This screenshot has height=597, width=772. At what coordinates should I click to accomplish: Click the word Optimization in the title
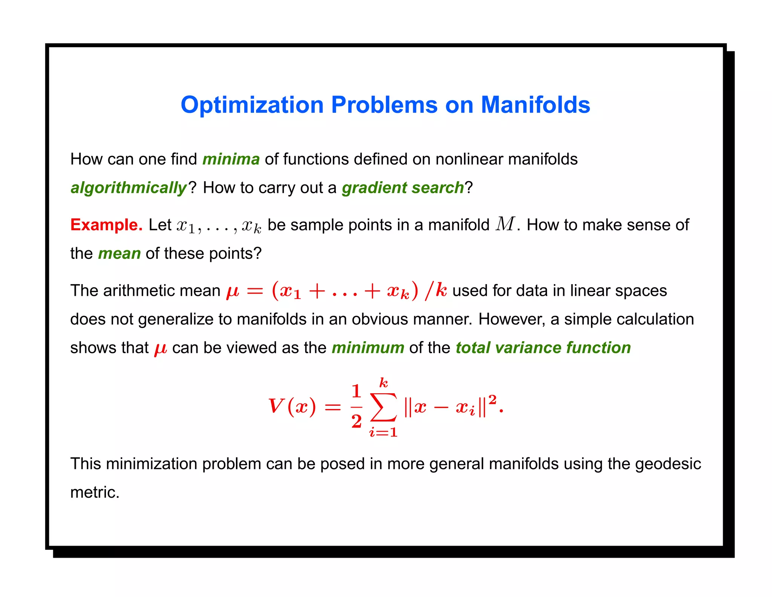click(x=252, y=105)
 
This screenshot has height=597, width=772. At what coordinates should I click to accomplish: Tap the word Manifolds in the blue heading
click(x=535, y=105)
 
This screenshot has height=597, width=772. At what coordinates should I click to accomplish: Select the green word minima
click(x=231, y=159)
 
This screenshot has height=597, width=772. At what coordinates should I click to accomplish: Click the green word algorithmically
click(x=129, y=188)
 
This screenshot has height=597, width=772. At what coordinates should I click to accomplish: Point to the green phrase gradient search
click(x=403, y=188)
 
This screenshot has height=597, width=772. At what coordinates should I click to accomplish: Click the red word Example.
click(x=106, y=225)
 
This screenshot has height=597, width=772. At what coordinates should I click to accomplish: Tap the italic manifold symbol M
click(x=505, y=224)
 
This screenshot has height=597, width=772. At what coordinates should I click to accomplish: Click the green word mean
click(x=119, y=254)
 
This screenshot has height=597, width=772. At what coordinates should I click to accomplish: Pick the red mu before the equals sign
click(x=233, y=291)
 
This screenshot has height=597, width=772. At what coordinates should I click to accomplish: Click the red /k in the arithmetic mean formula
click(x=436, y=291)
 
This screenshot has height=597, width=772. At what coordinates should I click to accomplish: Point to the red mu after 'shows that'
click(x=161, y=349)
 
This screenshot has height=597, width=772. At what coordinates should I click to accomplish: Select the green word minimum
click(x=368, y=348)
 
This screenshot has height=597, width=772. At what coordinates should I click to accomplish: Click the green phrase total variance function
click(x=543, y=348)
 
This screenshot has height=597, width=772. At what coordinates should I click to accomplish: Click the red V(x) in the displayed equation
click(x=292, y=407)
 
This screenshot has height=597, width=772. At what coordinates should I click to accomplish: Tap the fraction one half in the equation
click(x=356, y=407)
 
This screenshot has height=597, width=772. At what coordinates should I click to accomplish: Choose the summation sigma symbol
click(x=383, y=407)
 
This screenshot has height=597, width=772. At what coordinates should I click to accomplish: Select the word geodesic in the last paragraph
click(x=668, y=464)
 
